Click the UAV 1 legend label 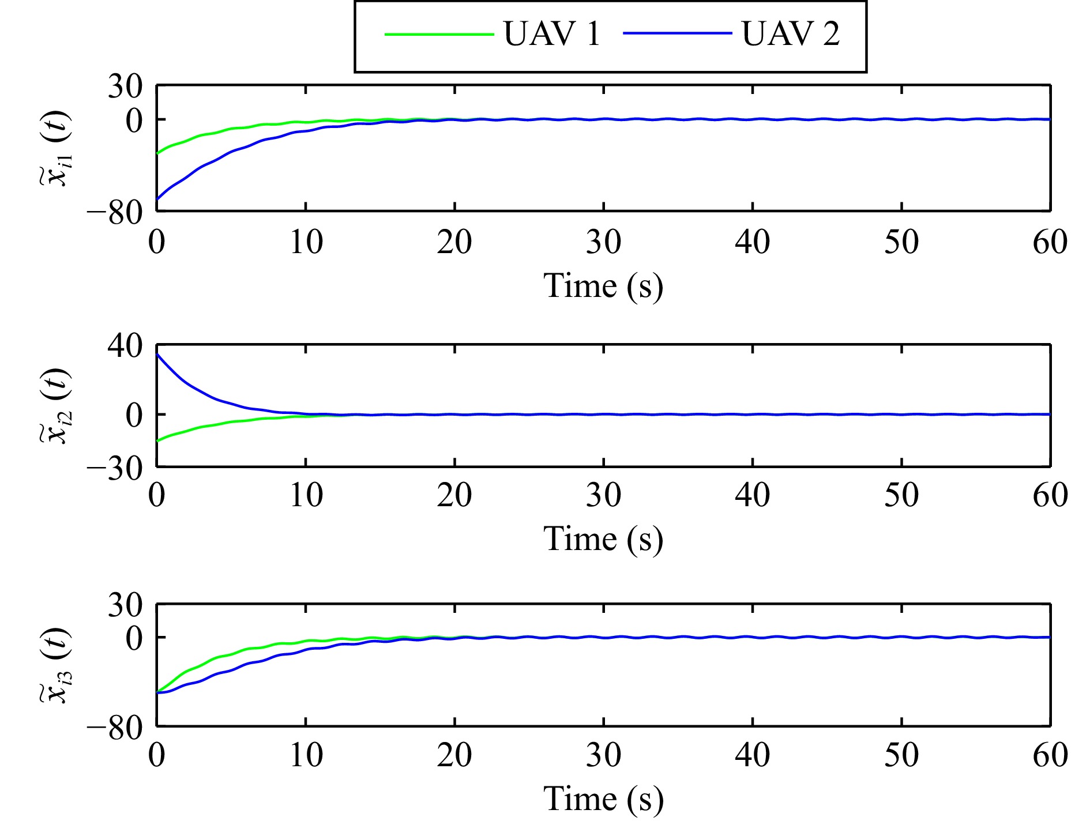coord(552,33)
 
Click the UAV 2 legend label coord(790,33)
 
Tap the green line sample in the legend coord(439,35)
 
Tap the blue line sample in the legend coord(677,33)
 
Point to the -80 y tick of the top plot coord(115,213)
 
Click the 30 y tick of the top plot coord(125,87)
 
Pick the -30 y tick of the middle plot coord(115,469)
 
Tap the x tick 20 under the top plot coord(454,242)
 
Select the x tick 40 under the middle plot coord(752,495)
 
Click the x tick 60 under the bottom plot coord(1050,755)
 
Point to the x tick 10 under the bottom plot coord(306,755)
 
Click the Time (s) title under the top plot coord(603,286)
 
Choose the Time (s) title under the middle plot coord(603,539)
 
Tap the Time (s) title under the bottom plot coord(603,799)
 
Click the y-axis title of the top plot coord(55,148)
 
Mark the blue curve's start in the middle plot coord(157,354)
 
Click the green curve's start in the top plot coord(157,153)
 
